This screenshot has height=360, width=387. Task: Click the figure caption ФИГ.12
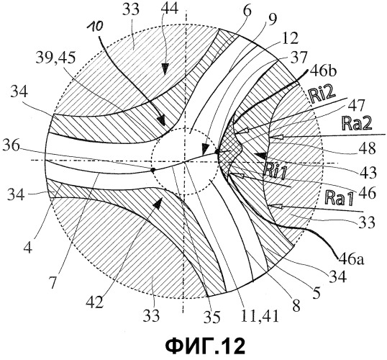205,346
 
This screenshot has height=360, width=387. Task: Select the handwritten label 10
94,27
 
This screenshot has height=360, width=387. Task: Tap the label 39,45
55,58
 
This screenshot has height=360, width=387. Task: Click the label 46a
351,258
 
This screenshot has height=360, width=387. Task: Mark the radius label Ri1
274,172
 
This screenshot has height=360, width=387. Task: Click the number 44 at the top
169,10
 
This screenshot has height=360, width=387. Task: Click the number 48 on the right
368,148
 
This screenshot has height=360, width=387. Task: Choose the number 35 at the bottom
211,317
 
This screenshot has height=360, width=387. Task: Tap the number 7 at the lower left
53,282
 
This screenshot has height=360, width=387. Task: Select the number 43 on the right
368,172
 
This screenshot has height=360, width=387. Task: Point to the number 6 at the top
247,11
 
